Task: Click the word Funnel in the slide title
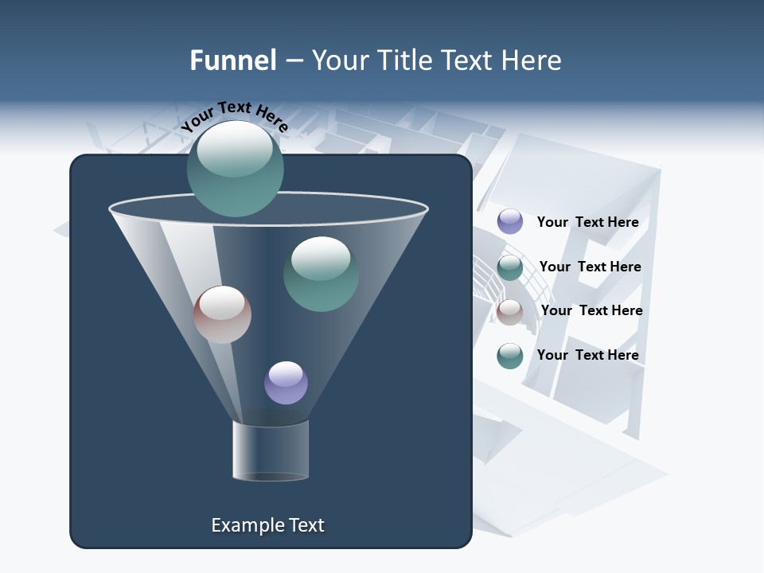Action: (x=232, y=60)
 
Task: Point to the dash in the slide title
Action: (x=293, y=61)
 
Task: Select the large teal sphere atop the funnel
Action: (x=235, y=169)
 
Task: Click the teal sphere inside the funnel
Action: (x=321, y=274)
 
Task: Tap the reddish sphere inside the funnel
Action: (x=222, y=314)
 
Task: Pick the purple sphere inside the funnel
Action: (x=286, y=383)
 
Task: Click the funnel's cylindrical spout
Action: (x=270, y=450)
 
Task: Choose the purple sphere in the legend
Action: (x=510, y=221)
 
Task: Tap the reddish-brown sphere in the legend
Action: (x=510, y=312)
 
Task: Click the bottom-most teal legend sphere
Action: (x=510, y=356)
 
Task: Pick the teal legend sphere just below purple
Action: (x=510, y=267)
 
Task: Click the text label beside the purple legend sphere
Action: (x=587, y=222)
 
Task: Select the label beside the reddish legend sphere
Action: (x=591, y=310)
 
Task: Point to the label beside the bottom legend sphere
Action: (x=587, y=355)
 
